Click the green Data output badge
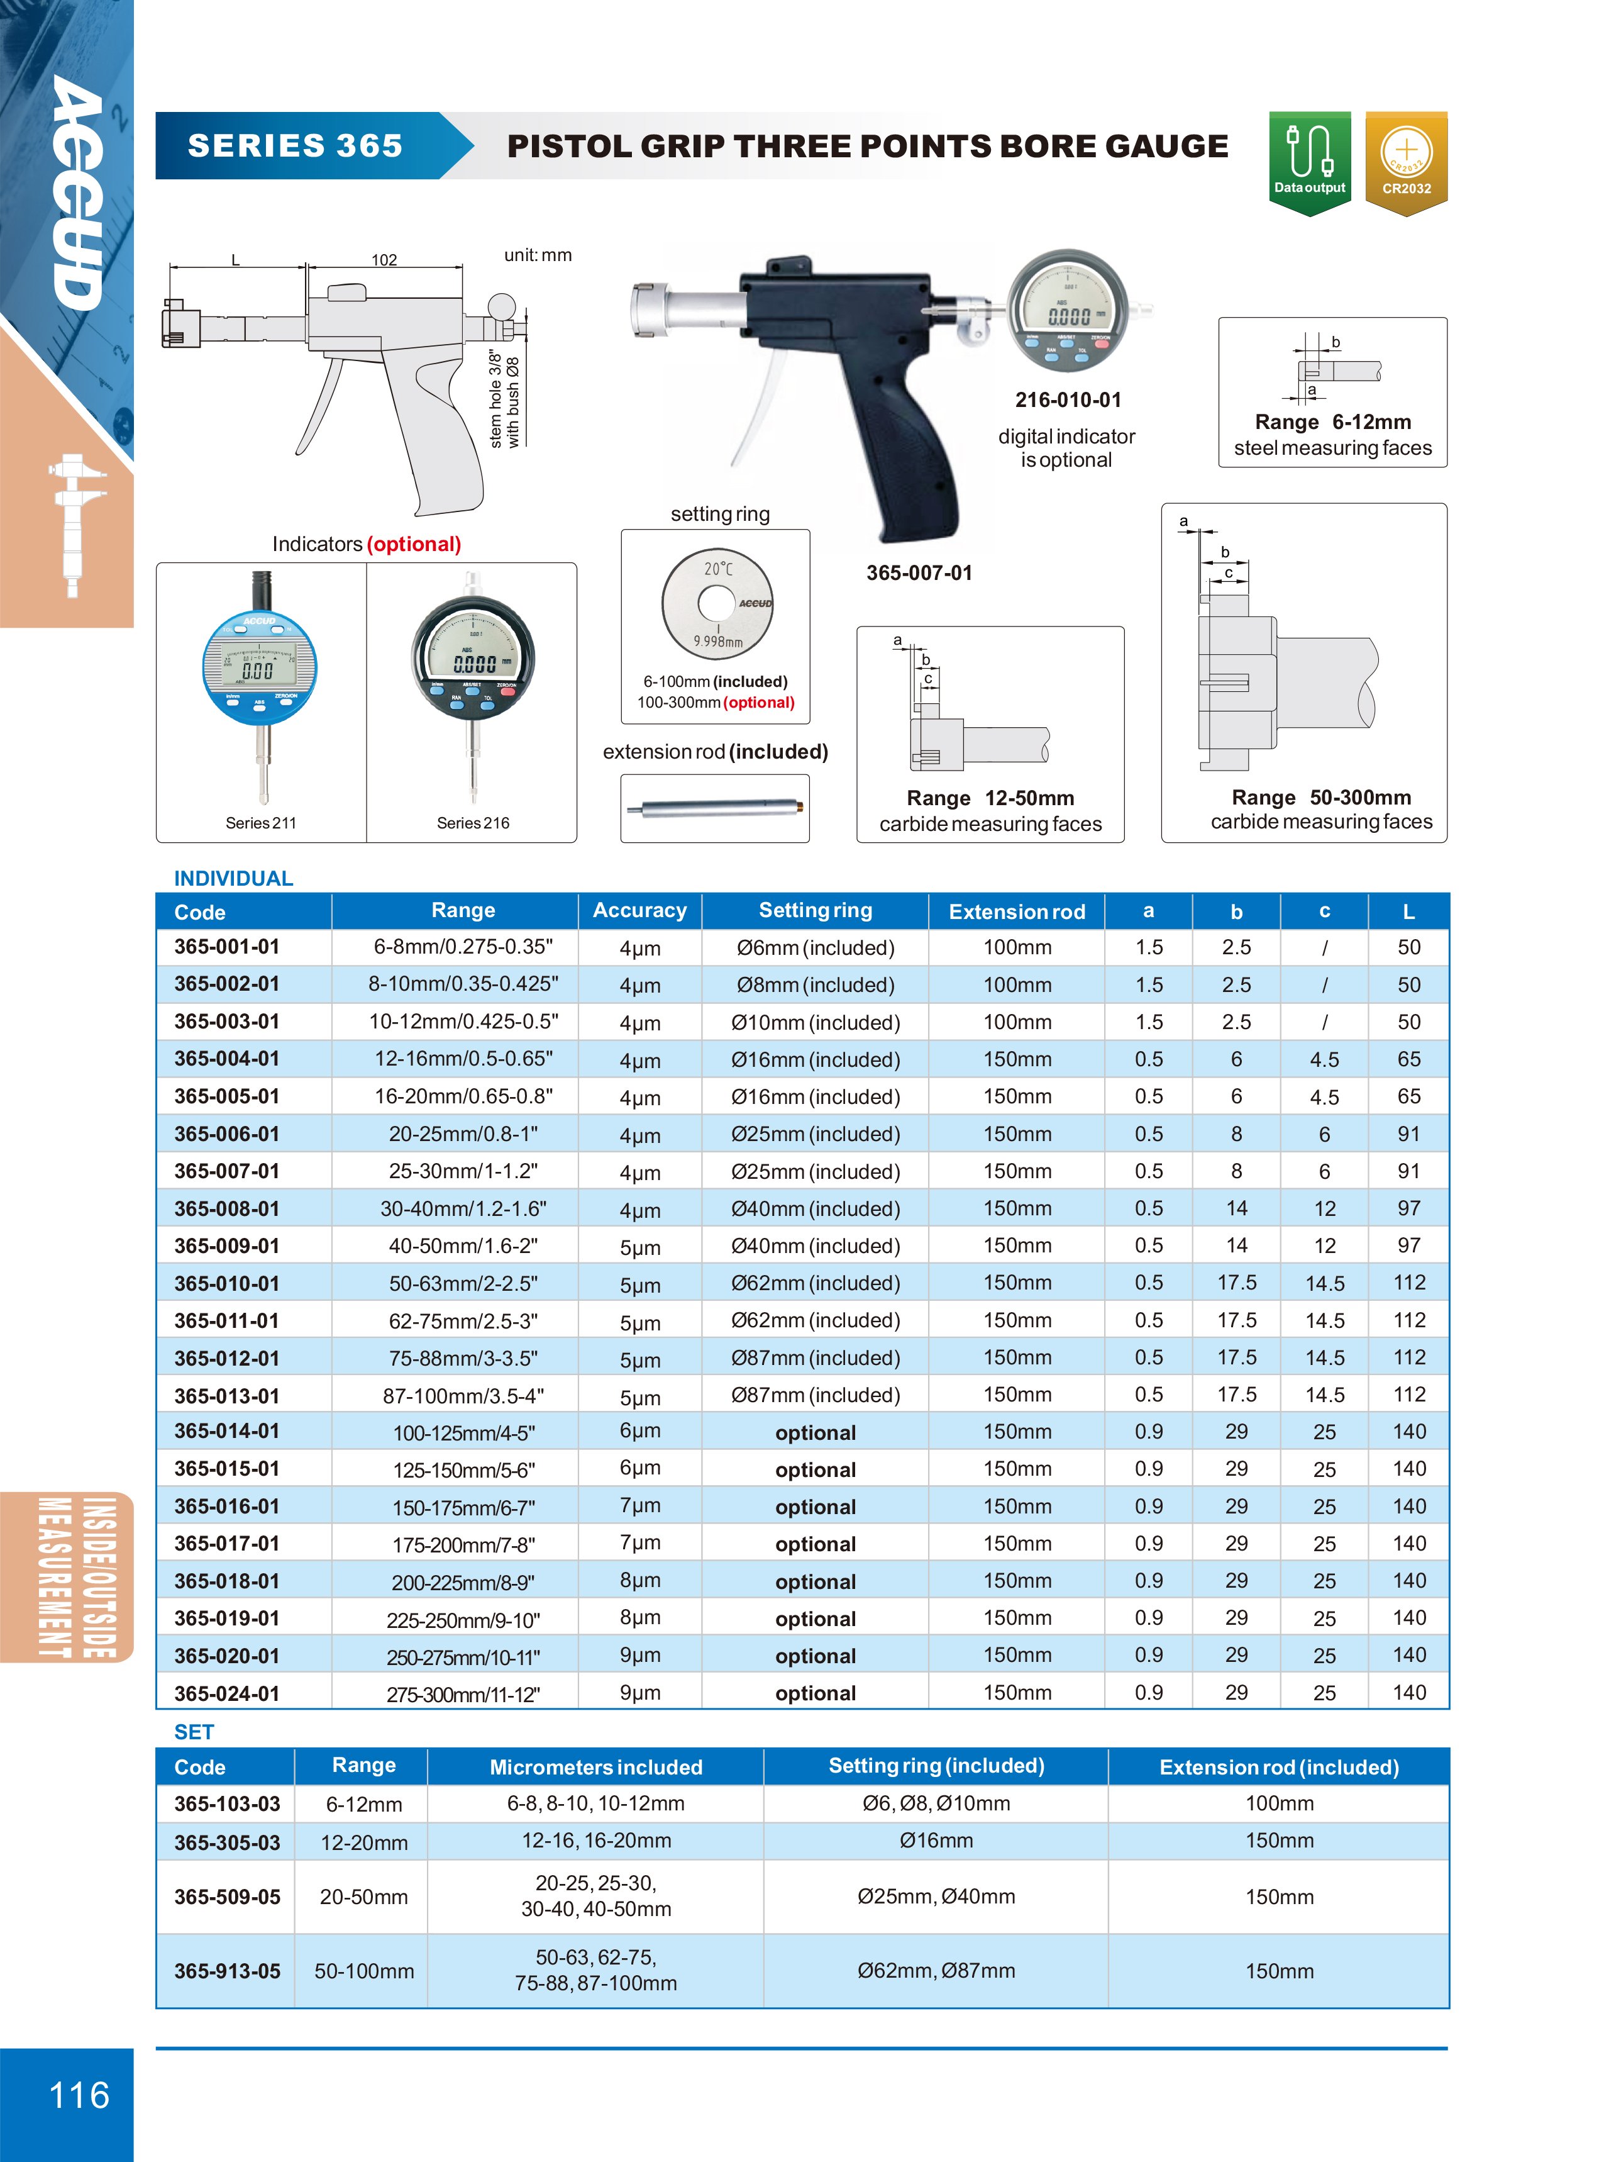tap(1309, 160)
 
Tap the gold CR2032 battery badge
tap(1406, 160)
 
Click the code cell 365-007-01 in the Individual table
tap(226, 1171)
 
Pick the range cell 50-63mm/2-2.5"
tap(463, 1284)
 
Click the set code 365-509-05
tap(226, 1897)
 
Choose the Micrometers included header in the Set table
tap(595, 1767)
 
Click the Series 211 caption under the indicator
tap(260, 823)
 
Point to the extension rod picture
tap(715, 807)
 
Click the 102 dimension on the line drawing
tap(384, 259)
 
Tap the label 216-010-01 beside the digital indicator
tap(1067, 400)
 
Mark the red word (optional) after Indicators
tap(414, 544)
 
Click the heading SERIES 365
tap(295, 146)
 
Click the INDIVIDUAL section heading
tap(233, 878)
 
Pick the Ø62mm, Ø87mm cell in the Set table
tap(936, 1971)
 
